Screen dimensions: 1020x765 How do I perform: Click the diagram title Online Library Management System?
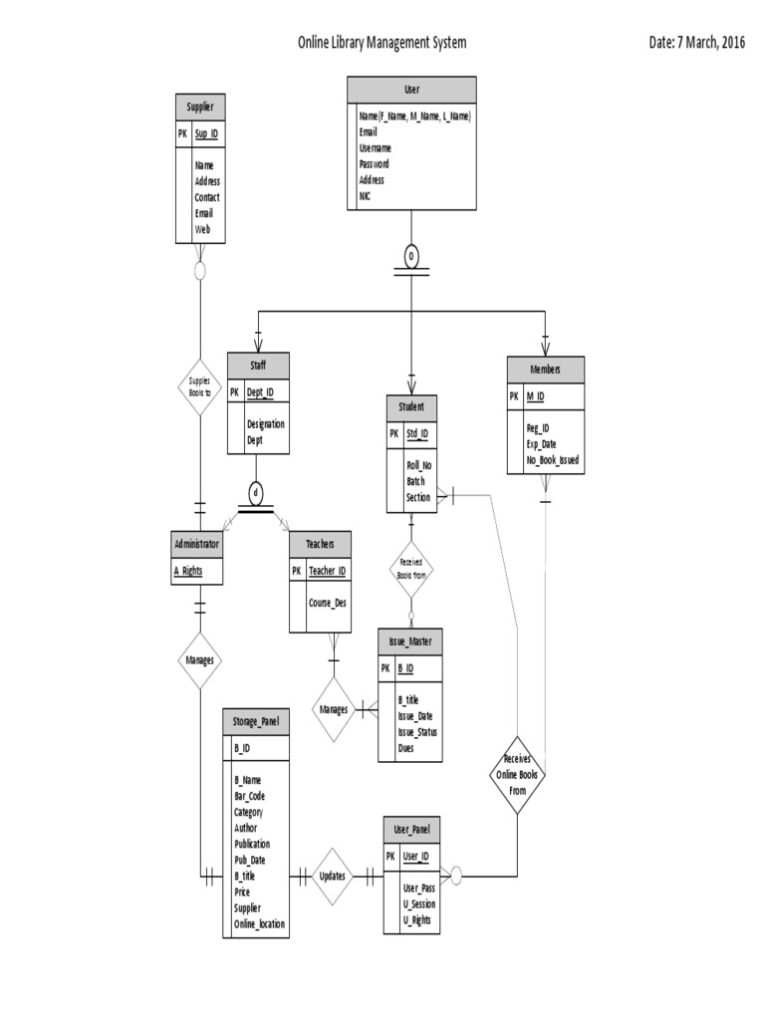click(382, 43)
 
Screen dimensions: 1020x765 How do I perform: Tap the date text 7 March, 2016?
click(696, 43)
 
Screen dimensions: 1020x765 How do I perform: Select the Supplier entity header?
click(199, 107)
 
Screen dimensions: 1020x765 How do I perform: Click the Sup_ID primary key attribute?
click(206, 132)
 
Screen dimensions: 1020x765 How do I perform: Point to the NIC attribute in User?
click(365, 196)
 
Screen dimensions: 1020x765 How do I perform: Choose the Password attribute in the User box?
click(375, 163)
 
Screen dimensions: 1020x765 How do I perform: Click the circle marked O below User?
click(411, 257)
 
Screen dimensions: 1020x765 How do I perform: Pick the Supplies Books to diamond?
click(199, 386)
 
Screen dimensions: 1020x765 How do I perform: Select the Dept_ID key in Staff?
click(259, 392)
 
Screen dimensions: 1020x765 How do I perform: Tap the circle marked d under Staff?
click(255, 492)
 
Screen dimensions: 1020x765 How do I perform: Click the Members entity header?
click(545, 370)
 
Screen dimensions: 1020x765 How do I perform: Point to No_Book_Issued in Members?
click(553, 460)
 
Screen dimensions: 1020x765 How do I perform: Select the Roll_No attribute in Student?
click(418, 465)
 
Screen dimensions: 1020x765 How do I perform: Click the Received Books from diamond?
click(410, 569)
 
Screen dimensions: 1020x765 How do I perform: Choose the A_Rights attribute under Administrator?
click(190, 571)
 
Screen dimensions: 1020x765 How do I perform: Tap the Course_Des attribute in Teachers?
click(328, 602)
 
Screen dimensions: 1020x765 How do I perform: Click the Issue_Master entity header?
click(410, 641)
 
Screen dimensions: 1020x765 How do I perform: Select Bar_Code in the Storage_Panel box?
click(249, 796)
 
